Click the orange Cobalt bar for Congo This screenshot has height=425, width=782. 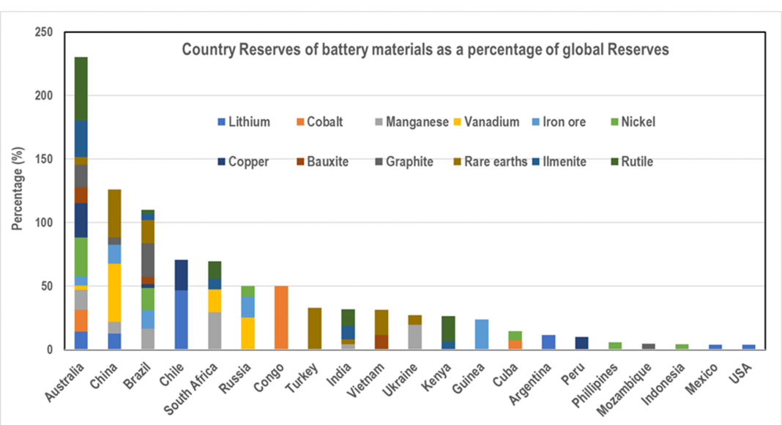[x=281, y=317]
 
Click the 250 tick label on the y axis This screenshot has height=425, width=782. [x=45, y=32]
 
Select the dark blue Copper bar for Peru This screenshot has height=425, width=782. [x=581, y=343]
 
